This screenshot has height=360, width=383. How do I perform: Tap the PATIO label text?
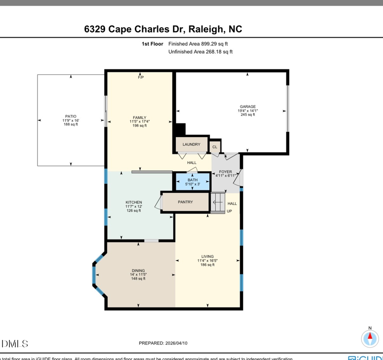71,116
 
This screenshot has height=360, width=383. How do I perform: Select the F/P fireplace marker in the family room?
140,77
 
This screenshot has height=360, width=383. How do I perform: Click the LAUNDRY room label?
191,145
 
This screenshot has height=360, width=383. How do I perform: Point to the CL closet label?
215,147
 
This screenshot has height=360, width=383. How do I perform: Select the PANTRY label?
186,202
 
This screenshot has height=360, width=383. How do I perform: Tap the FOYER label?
226,172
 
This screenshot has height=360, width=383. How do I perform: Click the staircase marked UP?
218,202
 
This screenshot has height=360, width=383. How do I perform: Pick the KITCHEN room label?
134,203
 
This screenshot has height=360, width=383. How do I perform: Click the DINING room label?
138,271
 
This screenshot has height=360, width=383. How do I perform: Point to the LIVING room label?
207,257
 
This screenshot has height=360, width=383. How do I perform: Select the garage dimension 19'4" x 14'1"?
248,111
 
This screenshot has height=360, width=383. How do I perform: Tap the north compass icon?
370,338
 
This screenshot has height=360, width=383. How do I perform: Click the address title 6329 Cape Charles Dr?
163,29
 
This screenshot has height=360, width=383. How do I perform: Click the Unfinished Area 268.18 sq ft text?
200,52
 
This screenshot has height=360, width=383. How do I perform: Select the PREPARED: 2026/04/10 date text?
163,343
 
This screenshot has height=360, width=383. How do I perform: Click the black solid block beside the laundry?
181,129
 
